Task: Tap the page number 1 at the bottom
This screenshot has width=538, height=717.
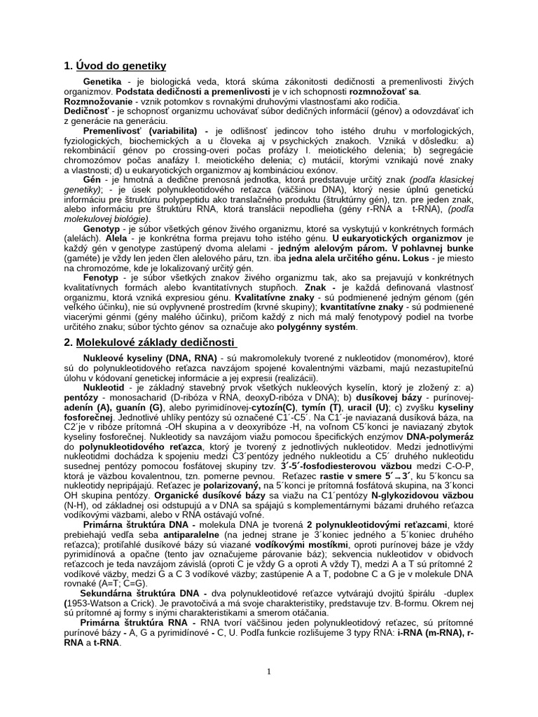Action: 269,671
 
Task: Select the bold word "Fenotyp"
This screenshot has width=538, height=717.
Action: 102,277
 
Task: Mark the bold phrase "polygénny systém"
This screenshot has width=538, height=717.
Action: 317,326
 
